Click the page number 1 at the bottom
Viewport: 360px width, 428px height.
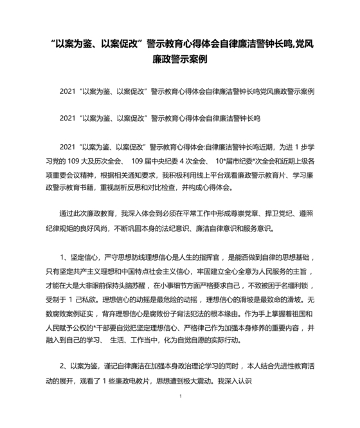tap(181, 405)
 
